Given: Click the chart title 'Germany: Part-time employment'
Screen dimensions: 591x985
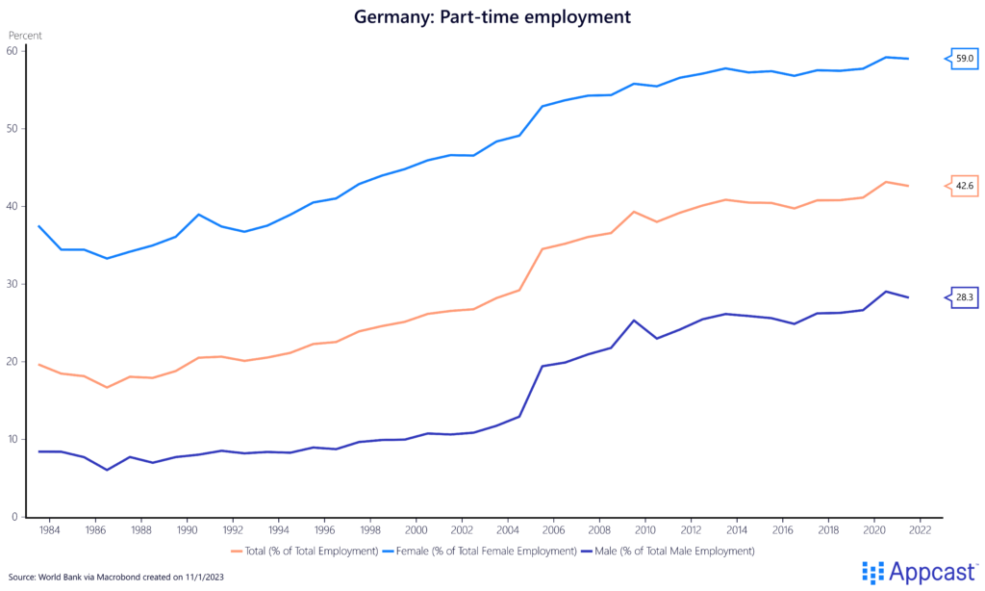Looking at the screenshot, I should (492, 16).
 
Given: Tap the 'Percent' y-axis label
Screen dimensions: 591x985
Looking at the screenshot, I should (25, 36).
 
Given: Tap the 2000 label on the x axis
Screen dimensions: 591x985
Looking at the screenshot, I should (416, 529).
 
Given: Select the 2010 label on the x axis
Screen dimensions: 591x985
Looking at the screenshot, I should (644, 529).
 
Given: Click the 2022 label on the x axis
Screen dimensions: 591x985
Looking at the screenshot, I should (920, 529).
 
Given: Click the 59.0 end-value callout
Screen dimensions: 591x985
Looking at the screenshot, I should (964, 60).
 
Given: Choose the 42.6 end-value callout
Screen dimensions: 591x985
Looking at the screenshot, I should (964, 187).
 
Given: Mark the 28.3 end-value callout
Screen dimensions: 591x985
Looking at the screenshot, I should (964, 298).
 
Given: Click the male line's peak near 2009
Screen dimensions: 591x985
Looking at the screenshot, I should (634, 321).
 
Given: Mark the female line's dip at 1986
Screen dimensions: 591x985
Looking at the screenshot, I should (106, 258).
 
